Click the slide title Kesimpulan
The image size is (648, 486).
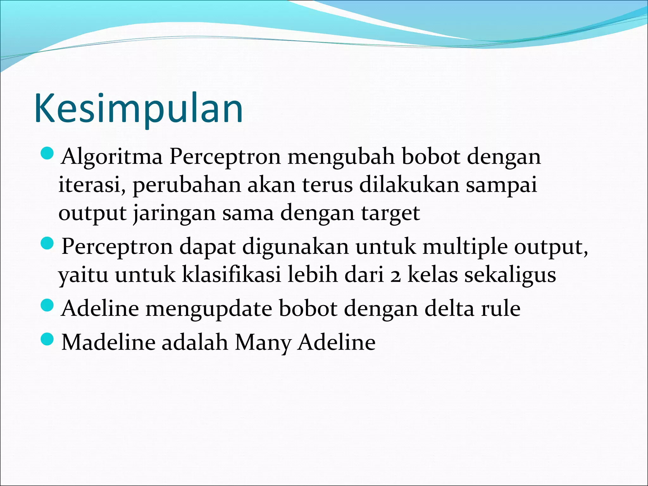(x=139, y=108)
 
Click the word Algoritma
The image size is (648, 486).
(x=112, y=157)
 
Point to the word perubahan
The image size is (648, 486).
(x=187, y=185)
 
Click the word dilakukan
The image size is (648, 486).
(x=409, y=185)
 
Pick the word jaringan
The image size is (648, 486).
(x=173, y=213)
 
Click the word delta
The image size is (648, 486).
(x=449, y=308)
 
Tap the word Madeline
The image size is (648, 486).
(x=108, y=342)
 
